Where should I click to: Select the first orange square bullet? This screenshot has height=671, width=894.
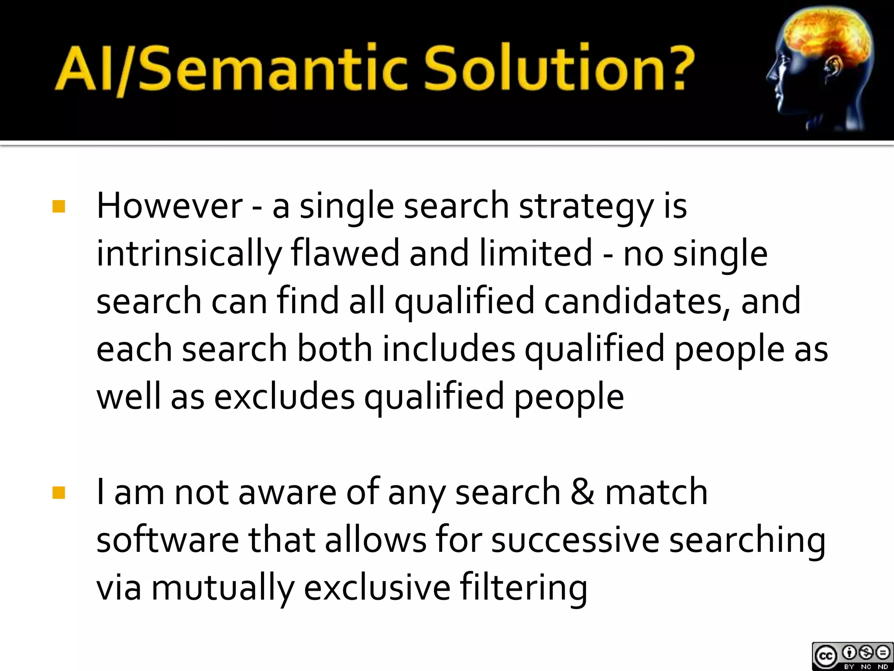(58, 207)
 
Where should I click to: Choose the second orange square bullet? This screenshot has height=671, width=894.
(58, 493)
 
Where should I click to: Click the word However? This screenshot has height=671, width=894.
(169, 206)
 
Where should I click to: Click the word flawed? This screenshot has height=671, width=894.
(345, 253)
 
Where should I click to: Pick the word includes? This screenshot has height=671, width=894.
(449, 349)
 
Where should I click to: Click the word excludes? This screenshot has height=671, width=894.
(284, 397)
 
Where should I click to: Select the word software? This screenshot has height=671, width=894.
(168, 540)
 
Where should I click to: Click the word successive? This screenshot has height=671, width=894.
(575, 540)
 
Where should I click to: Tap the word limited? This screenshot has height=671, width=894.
(536, 253)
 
